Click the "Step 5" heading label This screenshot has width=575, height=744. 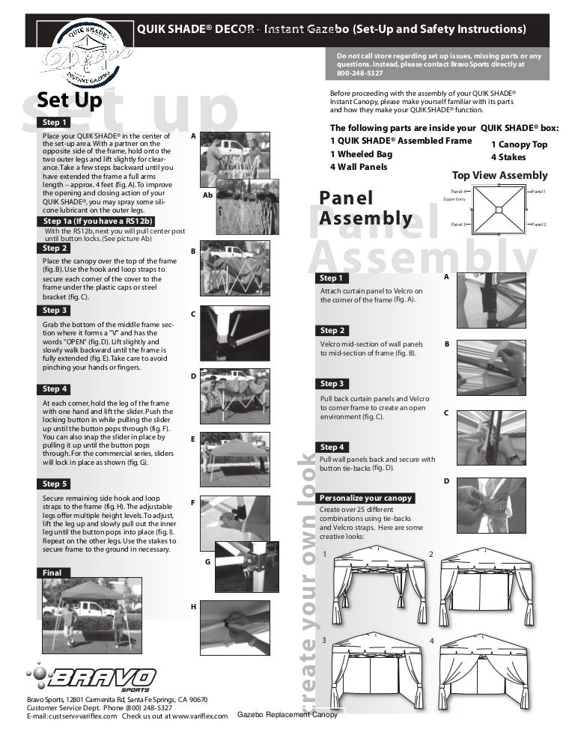55,484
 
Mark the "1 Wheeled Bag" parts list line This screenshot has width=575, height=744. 359,154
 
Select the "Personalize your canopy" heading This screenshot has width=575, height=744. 365,498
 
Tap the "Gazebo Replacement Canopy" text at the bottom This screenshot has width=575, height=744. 287,715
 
